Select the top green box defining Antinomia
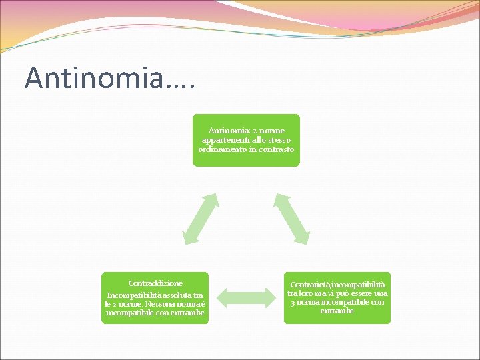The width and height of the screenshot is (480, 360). pos(246,140)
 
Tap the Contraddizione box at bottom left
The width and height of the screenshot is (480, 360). pos(155,298)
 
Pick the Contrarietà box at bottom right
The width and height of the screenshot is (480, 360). pos(337,298)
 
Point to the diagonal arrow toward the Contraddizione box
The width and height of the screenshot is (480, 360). pos(200,218)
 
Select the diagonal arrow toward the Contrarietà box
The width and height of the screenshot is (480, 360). pos(292,218)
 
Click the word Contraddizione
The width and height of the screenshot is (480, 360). pos(155,283)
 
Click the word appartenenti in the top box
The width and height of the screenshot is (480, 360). pos(223,140)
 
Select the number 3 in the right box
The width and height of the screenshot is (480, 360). pos(293,302)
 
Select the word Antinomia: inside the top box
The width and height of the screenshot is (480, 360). pos(228,131)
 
